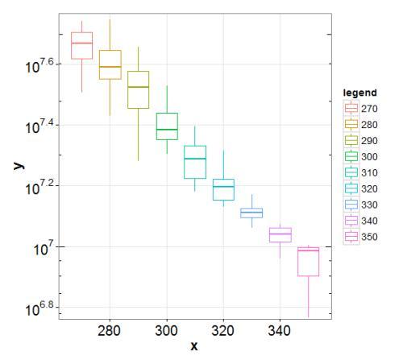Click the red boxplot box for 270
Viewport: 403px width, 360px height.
[81, 45]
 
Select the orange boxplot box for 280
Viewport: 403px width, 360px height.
[110, 64]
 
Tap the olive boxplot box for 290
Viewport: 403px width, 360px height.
[138, 89]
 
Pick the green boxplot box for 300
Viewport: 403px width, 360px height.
[167, 126]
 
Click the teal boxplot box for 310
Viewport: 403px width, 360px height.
[195, 162]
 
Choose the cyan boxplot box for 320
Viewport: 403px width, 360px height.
[223, 189]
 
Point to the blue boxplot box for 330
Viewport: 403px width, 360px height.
[251, 213]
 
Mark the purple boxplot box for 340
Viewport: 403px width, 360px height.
[280, 234]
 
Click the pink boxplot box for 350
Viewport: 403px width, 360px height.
[308, 262]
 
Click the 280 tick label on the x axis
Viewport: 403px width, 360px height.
[110, 330]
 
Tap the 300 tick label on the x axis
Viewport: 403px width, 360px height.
[167, 330]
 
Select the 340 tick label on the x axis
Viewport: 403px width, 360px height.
[280, 330]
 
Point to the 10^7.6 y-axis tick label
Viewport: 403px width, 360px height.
[39, 65]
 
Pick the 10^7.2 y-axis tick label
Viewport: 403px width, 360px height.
[39, 188]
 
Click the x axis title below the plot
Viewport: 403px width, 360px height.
[194, 346]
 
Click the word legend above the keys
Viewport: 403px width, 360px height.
[359, 93]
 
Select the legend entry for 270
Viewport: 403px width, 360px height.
[359, 107]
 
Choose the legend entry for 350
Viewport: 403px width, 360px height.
[359, 236]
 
